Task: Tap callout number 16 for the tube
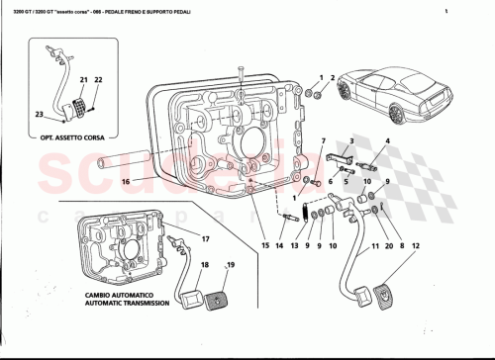pyautogui.click(x=126, y=182)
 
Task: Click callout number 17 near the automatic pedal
pyautogui.click(x=206, y=240)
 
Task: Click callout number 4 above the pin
pyautogui.click(x=387, y=141)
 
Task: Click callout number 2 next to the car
pyautogui.click(x=335, y=76)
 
